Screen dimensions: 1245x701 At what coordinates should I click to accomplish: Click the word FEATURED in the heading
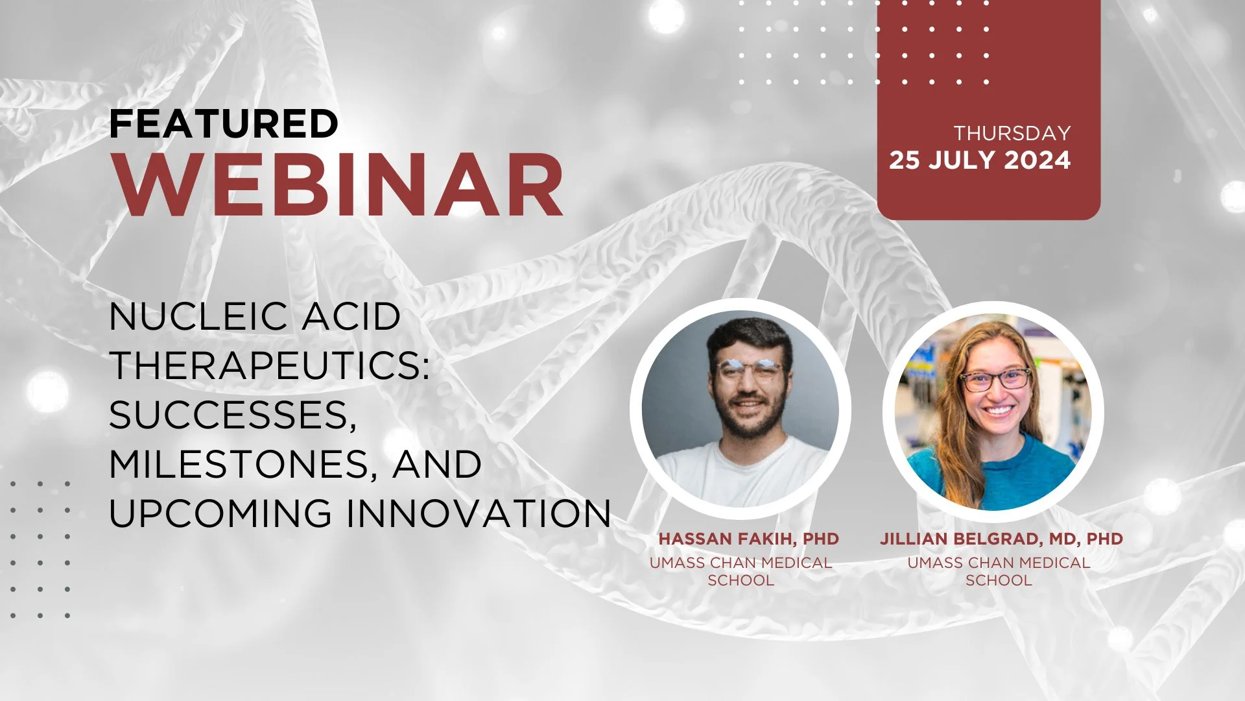pos(224,123)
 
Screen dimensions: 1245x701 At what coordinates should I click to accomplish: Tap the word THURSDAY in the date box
pos(1012,133)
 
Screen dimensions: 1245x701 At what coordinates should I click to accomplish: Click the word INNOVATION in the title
pos(479,513)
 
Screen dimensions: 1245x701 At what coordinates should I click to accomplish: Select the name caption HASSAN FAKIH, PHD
pos(748,539)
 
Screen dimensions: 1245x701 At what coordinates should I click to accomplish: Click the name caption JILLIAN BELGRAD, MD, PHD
pos(1001,539)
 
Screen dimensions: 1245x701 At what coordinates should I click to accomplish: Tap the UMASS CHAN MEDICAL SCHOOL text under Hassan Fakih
pos(741,571)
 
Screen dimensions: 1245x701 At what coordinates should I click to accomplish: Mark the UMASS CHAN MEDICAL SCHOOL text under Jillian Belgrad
pos(999,571)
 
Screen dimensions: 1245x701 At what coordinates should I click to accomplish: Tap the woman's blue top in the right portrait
pos(992,474)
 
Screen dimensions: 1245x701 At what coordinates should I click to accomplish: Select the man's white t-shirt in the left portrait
pos(739,471)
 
